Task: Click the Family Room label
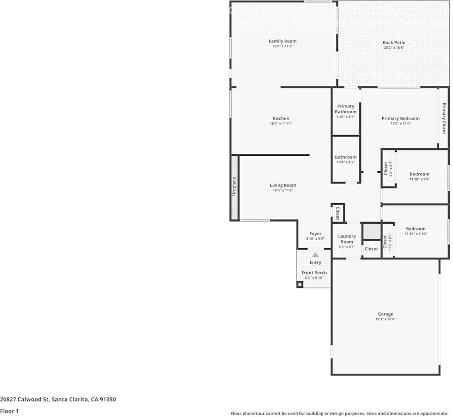coord(282,41)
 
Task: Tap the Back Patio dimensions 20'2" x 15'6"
coord(394,48)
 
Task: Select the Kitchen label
coord(281,118)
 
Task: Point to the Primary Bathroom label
coord(346,109)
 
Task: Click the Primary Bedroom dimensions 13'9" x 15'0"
coord(401,124)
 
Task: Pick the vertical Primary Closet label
coord(444,118)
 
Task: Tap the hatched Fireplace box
coord(234,187)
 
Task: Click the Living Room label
coord(283,185)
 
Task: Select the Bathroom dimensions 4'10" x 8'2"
coord(346,162)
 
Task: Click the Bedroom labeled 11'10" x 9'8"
coord(419,174)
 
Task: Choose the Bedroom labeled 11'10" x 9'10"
coord(416,229)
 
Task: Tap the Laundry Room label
coord(347,239)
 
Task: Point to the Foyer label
coord(315,234)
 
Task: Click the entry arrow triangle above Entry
coord(315,255)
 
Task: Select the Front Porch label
coord(314,273)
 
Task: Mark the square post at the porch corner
coord(300,284)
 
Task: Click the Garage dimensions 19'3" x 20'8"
coord(386,319)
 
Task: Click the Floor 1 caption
coord(10,411)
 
